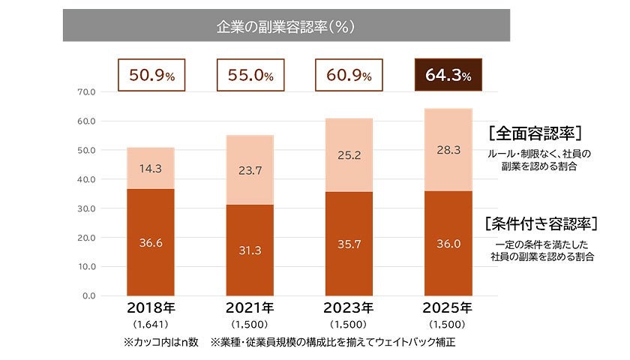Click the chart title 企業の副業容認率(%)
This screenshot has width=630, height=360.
coord(285,26)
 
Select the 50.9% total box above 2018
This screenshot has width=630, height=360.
coord(151,76)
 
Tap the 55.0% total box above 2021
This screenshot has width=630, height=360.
coord(250,76)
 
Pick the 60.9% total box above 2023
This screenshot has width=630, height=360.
coord(348,76)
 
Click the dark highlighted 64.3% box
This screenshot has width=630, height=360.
coord(447,76)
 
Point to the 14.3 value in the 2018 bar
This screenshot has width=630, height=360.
coord(151,169)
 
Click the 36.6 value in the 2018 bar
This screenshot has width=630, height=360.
coord(151,242)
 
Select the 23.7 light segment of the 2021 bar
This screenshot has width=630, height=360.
coord(250,170)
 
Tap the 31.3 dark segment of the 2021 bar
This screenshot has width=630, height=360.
coord(250,250)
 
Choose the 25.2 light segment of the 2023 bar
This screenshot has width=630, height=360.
coord(349,156)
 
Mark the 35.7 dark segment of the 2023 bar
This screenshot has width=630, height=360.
coord(349,244)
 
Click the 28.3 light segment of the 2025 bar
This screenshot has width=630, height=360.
coord(447,151)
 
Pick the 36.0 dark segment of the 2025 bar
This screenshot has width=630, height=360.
coord(447,244)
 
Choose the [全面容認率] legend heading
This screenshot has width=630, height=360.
coord(535,133)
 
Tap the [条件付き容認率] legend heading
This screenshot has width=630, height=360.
coord(541,223)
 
